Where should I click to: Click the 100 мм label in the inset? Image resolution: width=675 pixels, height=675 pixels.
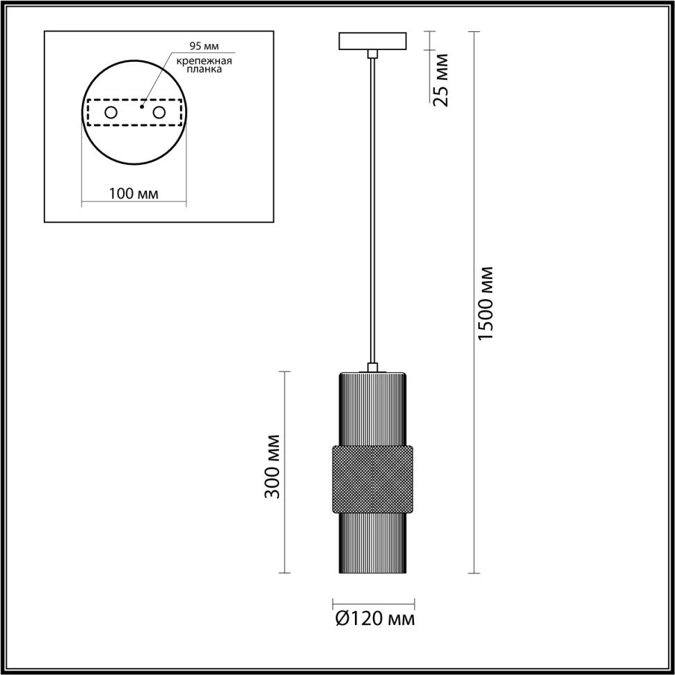pyautogui.click(x=134, y=193)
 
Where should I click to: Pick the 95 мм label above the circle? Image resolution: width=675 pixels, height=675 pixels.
pyautogui.click(x=204, y=47)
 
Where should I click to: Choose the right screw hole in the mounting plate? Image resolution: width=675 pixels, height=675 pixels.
pyautogui.click(x=159, y=112)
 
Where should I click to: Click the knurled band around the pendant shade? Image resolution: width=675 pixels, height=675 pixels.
pyautogui.click(x=374, y=479)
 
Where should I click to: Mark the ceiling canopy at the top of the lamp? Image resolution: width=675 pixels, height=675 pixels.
pyautogui.click(x=374, y=41)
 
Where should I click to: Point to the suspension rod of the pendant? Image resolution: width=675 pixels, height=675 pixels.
pyautogui.click(x=374, y=209)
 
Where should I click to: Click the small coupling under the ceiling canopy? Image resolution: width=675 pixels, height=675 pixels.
pyautogui.click(x=374, y=54)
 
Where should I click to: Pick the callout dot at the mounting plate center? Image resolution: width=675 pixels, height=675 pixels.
pyautogui.click(x=142, y=108)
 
